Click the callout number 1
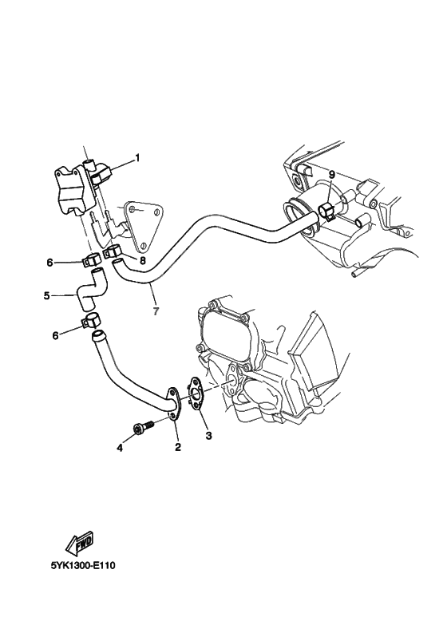pyautogui.click(x=136, y=157)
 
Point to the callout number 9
pyautogui.click(x=330, y=174)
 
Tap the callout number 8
pyautogui.click(x=143, y=259)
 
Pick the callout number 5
pyautogui.click(x=47, y=295)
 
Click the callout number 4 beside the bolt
pyautogui.click(x=120, y=448)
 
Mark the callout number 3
pyautogui.click(x=209, y=436)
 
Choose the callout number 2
pyautogui.click(x=177, y=448)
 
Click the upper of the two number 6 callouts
pyautogui.click(x=49, y=262)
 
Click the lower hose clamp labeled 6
pyautogui.click(x=91, y=322)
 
